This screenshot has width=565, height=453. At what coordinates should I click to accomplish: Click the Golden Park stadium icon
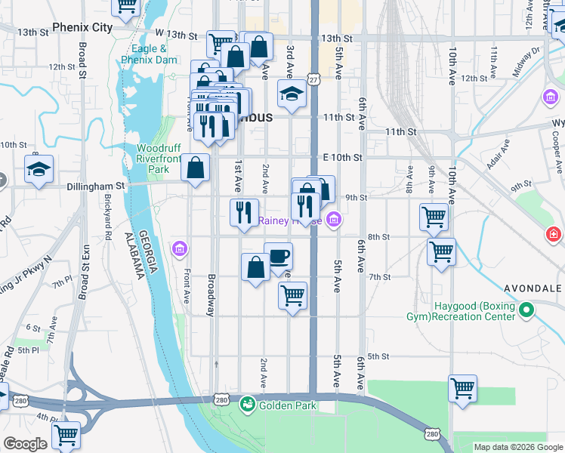(x=247, y=405)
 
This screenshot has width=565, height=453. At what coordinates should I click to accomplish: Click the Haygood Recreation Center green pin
(x=526, y=310)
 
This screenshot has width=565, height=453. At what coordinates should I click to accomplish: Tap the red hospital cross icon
(x=554, y=236)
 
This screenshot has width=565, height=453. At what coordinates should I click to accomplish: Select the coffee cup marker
(x=279, y=257)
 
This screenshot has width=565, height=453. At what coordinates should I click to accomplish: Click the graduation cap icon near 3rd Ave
(x=292, y=94)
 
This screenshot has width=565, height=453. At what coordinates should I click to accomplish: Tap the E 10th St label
(x=343, y=157)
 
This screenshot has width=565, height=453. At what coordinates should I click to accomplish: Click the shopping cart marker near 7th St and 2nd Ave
(x=292, y=295)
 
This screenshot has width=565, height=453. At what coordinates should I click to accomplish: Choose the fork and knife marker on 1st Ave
(x=243, y=212)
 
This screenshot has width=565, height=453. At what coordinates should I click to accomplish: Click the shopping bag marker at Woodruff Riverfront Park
(x=196, y=169)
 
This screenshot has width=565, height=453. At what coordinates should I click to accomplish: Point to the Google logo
(x=25, y=444)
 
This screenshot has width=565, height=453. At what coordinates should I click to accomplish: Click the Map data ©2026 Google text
(x=517, y=447)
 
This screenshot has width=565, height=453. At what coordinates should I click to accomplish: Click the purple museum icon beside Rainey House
(x=334, y=220)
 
